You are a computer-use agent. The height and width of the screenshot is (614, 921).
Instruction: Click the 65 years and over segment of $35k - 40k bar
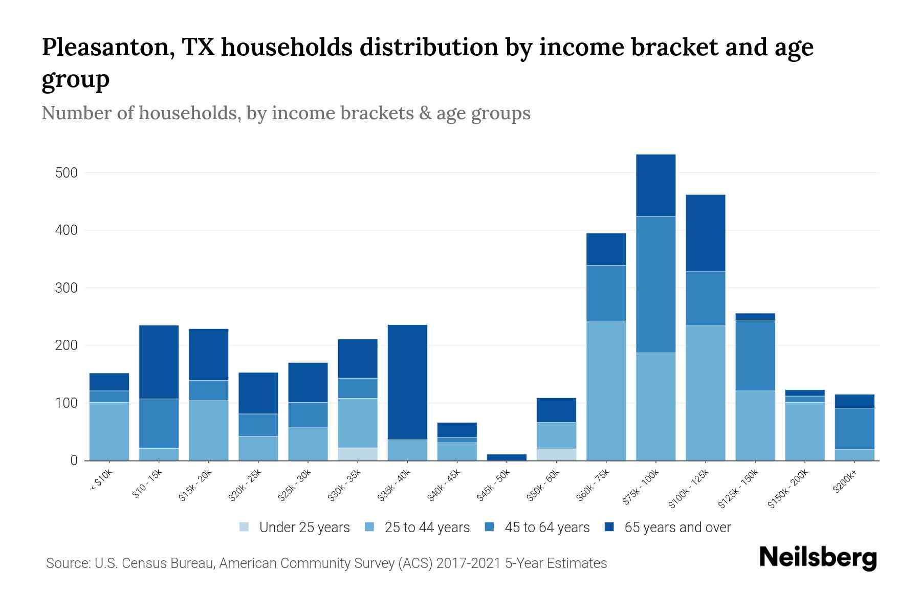coord(407,382)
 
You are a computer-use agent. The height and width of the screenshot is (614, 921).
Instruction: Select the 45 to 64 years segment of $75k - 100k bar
coord(655,284)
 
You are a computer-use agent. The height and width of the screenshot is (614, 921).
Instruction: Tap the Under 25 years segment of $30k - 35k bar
coord(358,454)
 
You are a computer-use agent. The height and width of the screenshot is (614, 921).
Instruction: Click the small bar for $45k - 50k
coord(507,457)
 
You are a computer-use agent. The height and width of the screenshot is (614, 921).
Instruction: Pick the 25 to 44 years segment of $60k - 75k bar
coord(606,391)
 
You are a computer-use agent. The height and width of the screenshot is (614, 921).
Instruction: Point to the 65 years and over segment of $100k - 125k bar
coord(705,233)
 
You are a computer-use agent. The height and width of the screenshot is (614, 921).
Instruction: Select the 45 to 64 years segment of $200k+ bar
coord(854,429)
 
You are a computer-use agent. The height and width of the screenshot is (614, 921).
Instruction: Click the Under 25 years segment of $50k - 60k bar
coord(556,454)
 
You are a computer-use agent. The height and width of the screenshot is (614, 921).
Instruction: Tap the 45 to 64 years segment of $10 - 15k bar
coord(159,423)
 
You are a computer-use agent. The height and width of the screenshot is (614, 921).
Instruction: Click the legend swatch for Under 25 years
coord(245,527)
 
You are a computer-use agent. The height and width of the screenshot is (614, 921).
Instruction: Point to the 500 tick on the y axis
coord(67,173)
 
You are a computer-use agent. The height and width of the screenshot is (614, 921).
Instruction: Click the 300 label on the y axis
coord(67,288)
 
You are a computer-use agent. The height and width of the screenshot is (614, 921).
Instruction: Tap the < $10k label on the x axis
coord(101,480)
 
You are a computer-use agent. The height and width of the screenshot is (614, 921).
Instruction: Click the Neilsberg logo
coord(818,557)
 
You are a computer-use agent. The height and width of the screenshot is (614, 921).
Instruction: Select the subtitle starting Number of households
coord(286,113)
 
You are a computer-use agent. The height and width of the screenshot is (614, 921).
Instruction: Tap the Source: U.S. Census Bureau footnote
coord(326,563)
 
